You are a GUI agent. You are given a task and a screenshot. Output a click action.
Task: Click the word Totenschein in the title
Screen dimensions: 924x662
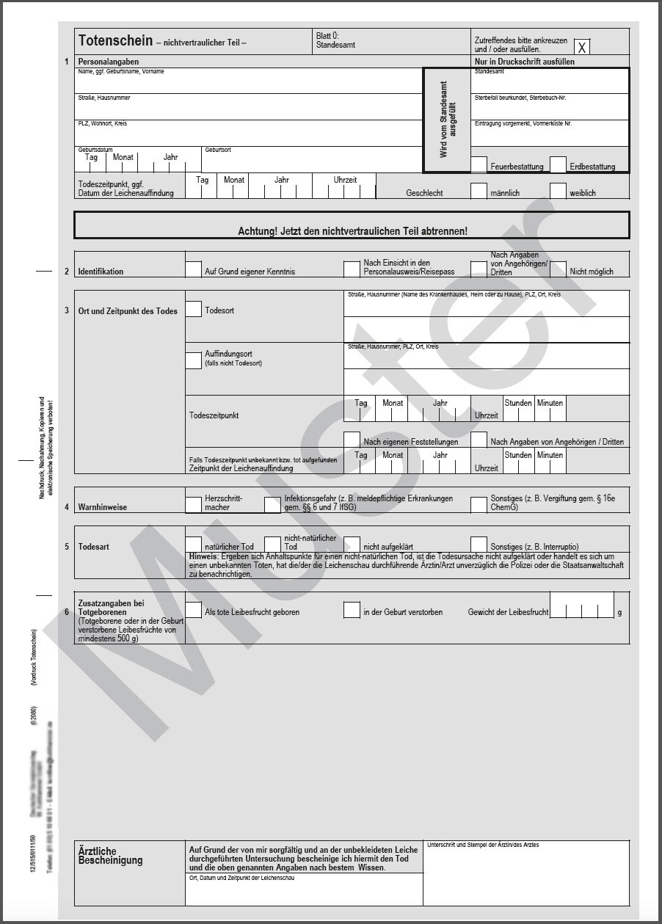click(115, 41)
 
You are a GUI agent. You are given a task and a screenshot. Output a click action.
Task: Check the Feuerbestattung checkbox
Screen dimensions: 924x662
click(479, 164)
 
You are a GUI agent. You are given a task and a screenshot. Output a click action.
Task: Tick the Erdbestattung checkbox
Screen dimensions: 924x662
click(558, 164)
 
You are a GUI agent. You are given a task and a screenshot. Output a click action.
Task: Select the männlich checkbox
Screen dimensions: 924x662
click(479, 191)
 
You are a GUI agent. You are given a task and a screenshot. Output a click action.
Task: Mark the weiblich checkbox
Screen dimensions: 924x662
click(558, 191)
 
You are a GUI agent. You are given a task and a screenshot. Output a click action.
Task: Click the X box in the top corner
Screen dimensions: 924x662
click(582, 48)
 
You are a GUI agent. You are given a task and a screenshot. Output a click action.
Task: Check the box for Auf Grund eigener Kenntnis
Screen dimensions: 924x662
click(193, 269)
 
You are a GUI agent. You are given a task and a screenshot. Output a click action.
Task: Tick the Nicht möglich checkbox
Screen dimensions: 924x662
click(558, 269)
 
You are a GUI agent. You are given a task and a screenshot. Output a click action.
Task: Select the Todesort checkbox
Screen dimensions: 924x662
click(193, 309)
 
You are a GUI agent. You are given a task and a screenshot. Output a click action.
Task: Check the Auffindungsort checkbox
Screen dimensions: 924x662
click(193, 360)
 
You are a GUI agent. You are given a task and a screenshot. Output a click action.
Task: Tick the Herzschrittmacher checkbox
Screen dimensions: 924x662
click(193, 504)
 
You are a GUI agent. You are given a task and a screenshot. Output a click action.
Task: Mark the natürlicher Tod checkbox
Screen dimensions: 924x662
click(193, 545)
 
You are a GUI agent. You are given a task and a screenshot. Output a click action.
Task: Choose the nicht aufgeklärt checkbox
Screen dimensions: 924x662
click(352, 545)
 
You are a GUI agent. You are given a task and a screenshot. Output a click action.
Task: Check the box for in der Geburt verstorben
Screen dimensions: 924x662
click(352, 610)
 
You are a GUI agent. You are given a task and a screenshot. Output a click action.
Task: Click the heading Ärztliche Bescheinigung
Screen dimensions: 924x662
click(110, 856)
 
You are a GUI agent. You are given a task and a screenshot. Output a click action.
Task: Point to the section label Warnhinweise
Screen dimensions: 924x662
click(103, 507)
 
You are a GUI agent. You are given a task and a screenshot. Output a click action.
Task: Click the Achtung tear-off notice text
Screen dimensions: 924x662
click(352, 230)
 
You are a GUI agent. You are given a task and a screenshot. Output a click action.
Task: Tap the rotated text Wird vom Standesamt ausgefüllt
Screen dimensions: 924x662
click(447, 120)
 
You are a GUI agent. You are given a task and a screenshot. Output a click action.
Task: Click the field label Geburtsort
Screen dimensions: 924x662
click(218, 150)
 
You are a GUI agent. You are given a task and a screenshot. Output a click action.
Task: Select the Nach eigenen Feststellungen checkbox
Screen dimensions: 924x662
click(352, 440)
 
